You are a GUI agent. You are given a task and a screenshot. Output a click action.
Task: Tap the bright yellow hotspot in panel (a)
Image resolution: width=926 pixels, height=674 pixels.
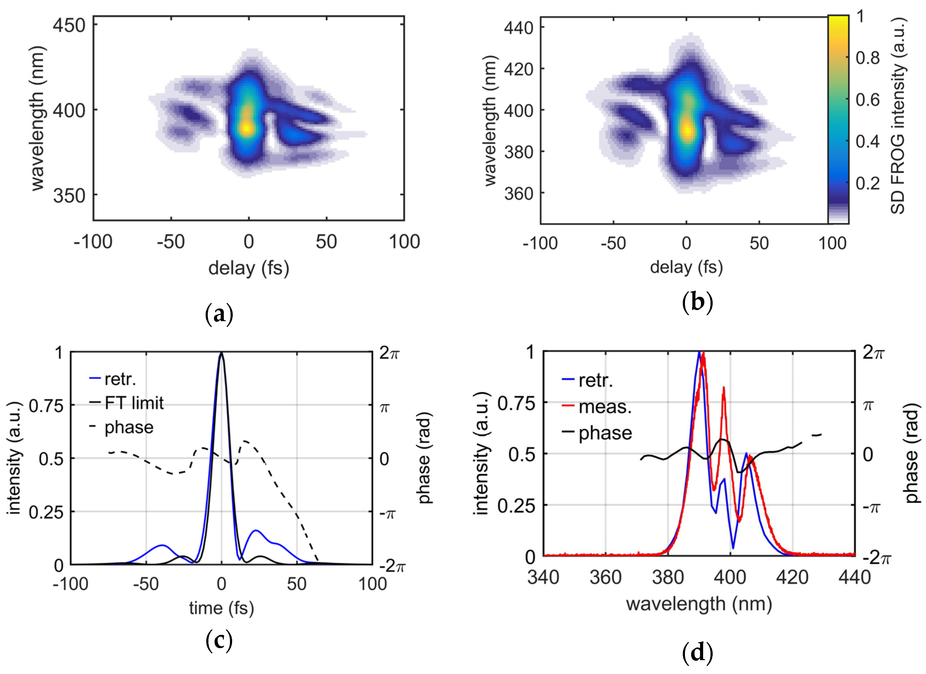pyautogui.click(x=247, y=128)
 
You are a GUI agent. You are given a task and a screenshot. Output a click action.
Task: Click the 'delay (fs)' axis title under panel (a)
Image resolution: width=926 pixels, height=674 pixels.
pyautogui.click(x=249, y=268)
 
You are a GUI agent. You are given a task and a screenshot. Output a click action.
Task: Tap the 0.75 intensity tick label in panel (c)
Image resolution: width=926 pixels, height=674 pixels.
pyautogui.click(x=46, y=406)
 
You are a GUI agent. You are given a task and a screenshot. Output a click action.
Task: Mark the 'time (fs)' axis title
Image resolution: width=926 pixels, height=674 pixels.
pyautogui.click(x=221, y=608)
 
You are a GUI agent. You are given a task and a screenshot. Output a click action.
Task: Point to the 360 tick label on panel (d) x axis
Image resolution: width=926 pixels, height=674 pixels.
pyautogui.click(x=606, y=578)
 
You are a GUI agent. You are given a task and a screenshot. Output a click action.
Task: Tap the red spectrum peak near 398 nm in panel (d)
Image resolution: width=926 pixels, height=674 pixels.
pyautogui.click(x=723, y=388)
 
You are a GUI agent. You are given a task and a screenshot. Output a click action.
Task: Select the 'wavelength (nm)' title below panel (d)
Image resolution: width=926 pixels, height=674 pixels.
pyautogui.click(x=699, y=604)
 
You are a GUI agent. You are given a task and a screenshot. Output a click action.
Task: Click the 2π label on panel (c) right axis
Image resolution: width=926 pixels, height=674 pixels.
pyautogui.click(x=389, y=353)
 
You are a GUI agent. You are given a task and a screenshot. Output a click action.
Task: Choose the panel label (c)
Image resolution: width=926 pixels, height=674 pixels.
pyautogui.click(x=219, y=641)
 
